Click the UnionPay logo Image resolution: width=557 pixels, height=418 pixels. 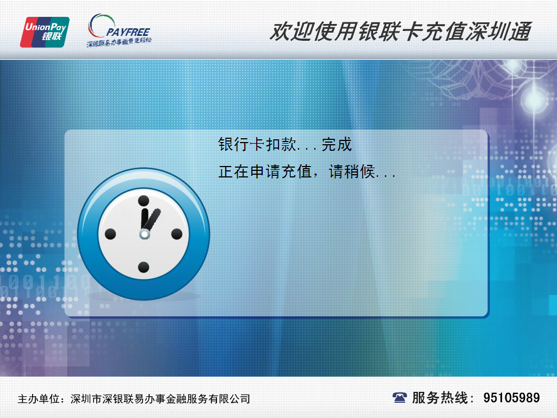click(45, 32)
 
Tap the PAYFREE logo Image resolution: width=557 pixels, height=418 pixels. click(119, 29)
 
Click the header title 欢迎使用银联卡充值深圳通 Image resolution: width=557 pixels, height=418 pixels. click(400, 32)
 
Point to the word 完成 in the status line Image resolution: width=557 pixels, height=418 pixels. click(337, 145)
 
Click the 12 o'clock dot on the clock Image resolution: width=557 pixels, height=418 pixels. click(144, 200)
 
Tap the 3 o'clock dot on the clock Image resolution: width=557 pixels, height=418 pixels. click(177, 234)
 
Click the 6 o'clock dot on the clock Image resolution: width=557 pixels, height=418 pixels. click(144, 267)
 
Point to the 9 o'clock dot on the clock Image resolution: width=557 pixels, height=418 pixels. click(110, 234)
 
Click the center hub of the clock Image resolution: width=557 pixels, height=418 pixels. click(144, 234)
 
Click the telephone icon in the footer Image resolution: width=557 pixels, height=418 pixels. click(400, 398)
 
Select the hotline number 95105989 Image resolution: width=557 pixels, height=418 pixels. click(511, 398)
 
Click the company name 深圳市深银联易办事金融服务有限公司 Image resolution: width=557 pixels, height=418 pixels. click(160, 399)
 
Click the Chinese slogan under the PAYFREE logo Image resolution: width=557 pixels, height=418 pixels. click(119, 41)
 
